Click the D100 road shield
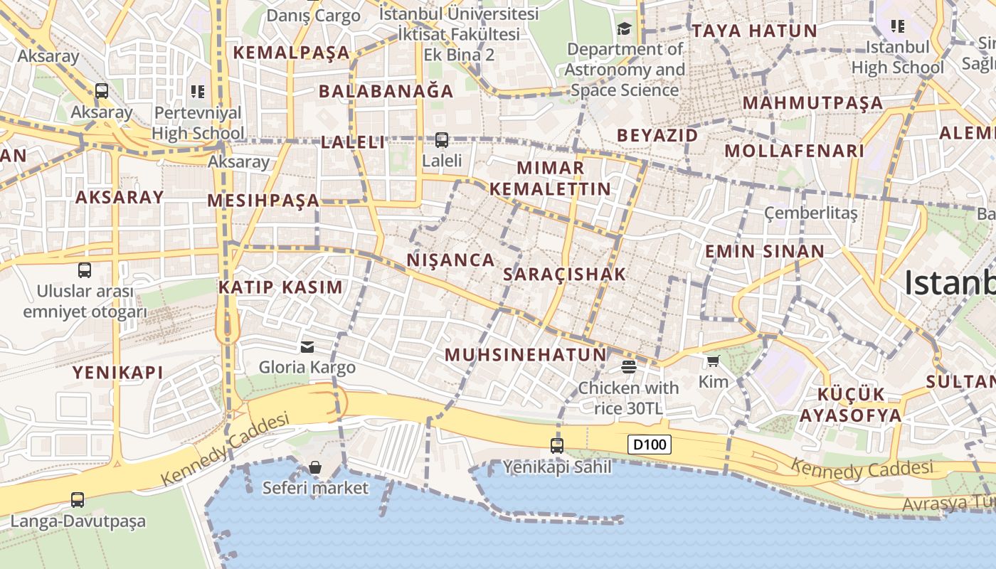650,445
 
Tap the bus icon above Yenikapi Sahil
557,446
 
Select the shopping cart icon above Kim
713,361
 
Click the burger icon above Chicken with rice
628,367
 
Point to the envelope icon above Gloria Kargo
307,347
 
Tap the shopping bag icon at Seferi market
315,467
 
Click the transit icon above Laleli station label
442,140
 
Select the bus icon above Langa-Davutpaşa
78,500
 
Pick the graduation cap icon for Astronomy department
625,28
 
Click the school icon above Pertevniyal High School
198,91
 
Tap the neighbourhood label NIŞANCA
451,260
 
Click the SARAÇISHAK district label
565,275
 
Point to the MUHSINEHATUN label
526,355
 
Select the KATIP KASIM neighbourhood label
280,287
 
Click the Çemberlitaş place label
811,213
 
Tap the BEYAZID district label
657,135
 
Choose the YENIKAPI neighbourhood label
118,372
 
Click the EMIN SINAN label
765,251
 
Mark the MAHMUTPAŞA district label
813,103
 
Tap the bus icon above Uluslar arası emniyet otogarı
85,270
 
